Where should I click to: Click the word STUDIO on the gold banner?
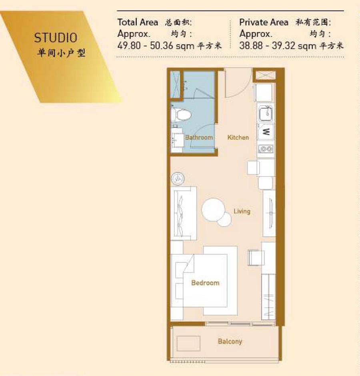(x=56, y=38)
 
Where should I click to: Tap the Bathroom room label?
(x=199, y=138)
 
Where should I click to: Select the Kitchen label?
(x=238, y=138)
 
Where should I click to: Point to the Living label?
(x=242, y=211)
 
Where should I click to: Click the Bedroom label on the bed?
(x=205, y=283)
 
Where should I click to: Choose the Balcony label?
(x=230, y=341)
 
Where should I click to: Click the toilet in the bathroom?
(x=182, y=115)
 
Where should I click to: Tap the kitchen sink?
(x=266, y=114)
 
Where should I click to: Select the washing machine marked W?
(x=266, y=132)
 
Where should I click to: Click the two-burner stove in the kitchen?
(x=266, y=149)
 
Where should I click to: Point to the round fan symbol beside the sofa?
(x=178, y=179)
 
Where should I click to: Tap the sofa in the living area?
(x=184, y=213)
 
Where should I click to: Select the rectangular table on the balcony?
(x=188, y=343)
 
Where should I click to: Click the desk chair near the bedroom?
(x=256, y=258)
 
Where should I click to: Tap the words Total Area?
(x=138, y=22)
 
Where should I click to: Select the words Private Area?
(x=264, y=22)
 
